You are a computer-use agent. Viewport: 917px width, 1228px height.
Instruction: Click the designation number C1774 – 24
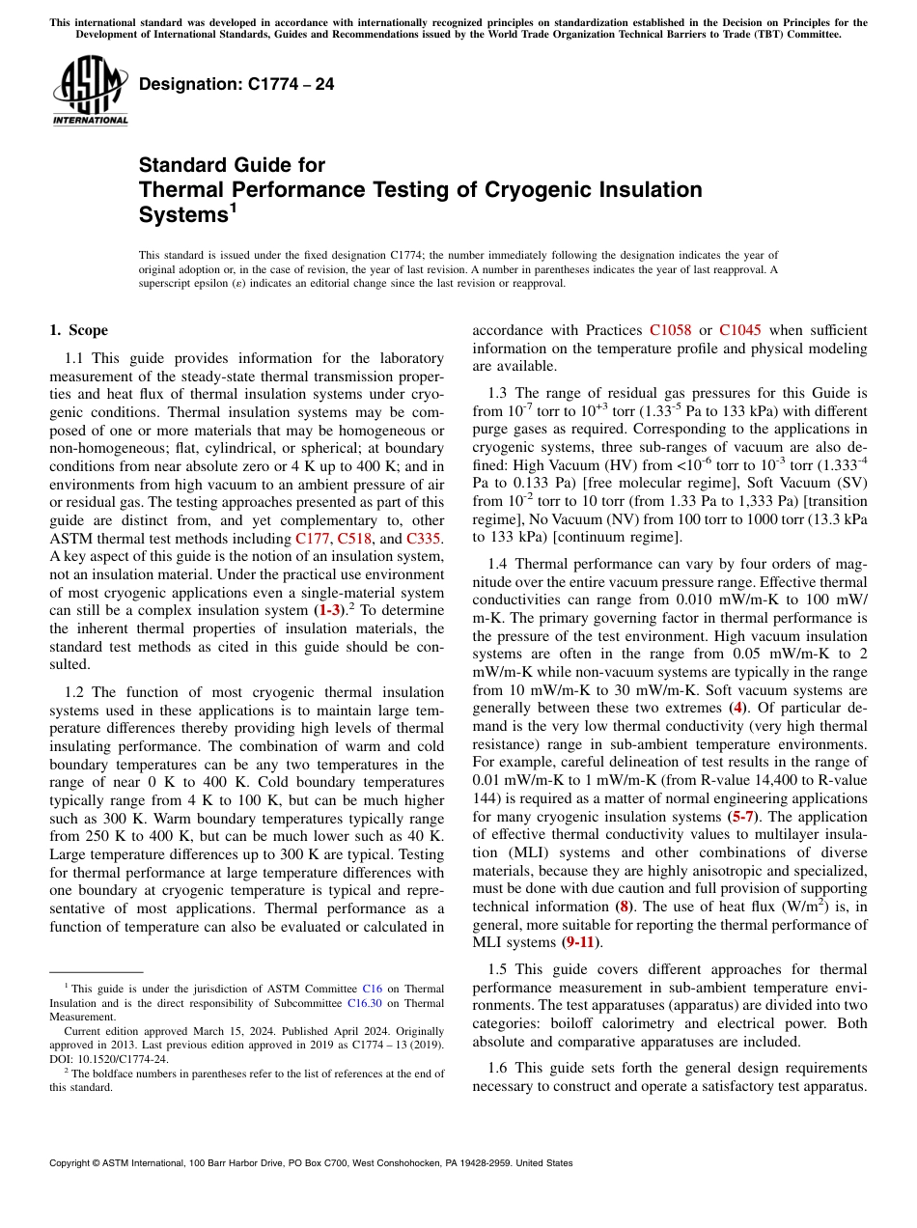pos(236,85)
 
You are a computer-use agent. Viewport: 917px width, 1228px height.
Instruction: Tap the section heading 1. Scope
pos(79,330)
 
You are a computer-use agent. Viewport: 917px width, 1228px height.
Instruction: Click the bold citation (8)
pos(624,907)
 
